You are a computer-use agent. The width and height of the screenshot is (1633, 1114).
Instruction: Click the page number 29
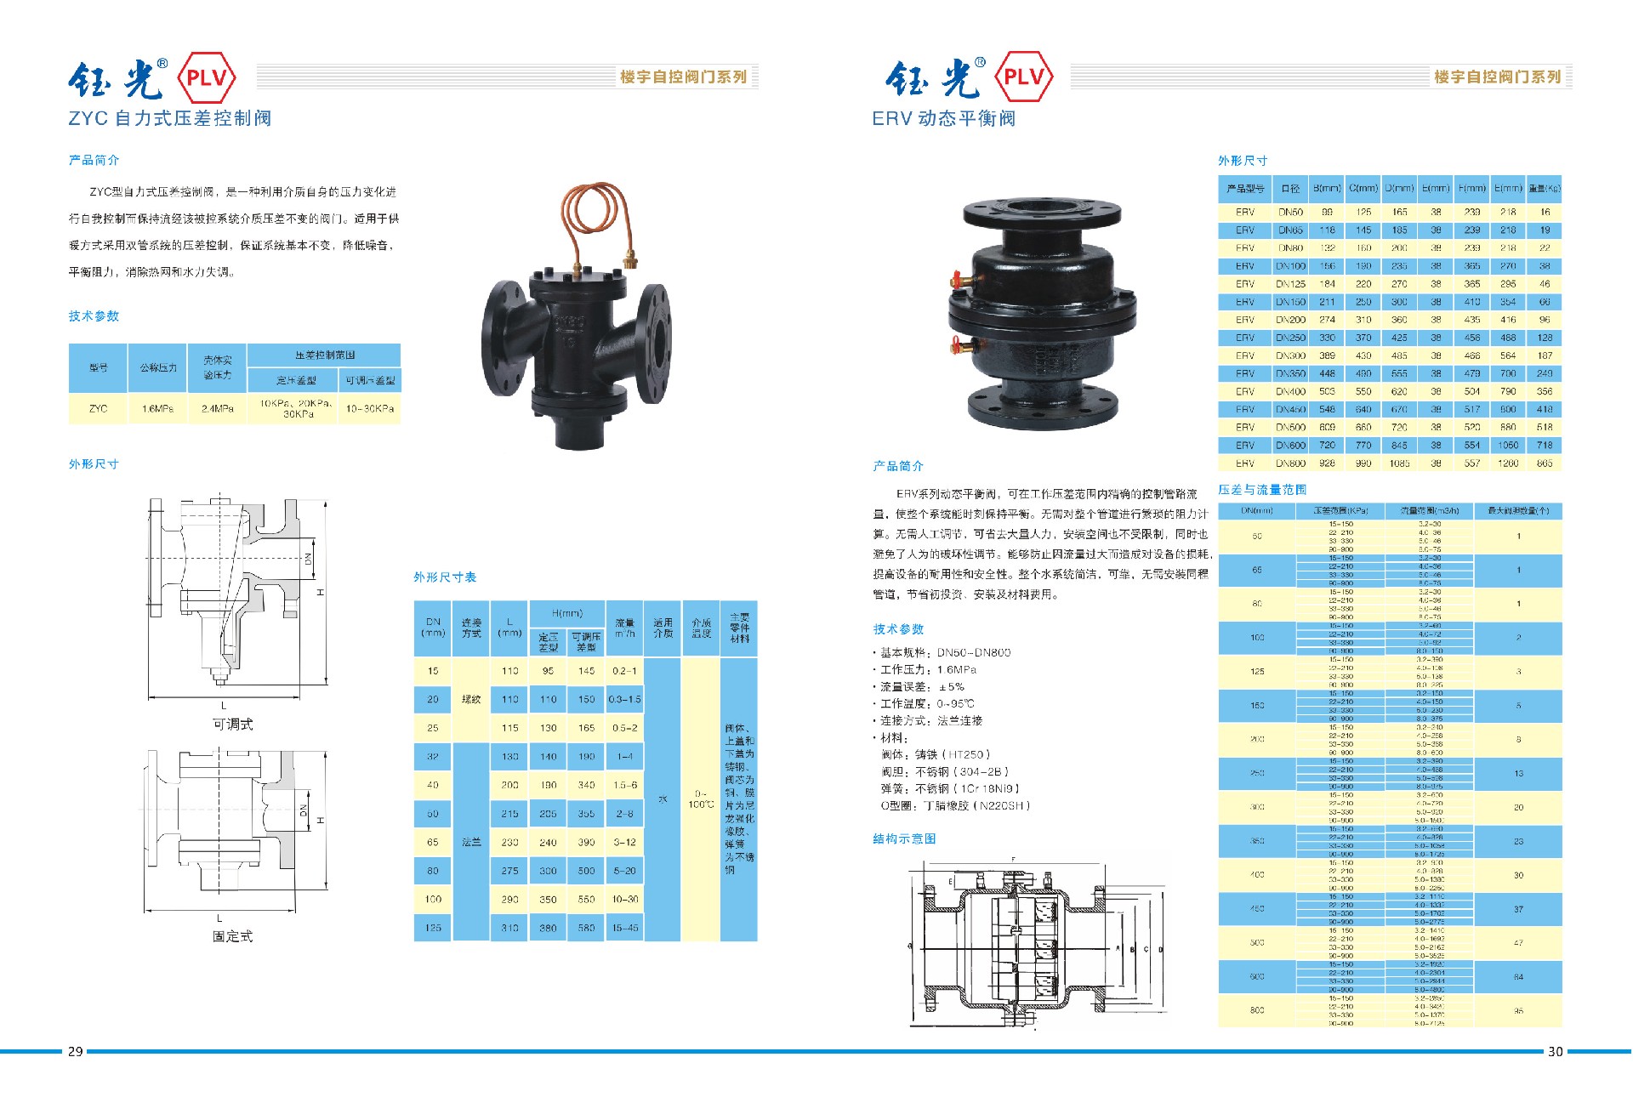[x=76, y=1052]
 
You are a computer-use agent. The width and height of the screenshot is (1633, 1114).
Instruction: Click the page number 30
[x=1555, y=1052]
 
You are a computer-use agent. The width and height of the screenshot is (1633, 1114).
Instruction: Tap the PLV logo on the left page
[x=206, y=78]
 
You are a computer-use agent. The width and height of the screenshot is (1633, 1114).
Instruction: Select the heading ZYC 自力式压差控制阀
[x=170, y=118]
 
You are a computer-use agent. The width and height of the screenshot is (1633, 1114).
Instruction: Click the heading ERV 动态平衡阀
[x=943, y=118]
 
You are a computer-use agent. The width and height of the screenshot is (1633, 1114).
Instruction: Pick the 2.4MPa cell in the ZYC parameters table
[x=218, y=409]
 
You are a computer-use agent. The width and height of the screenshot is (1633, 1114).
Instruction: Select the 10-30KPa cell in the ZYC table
[x=370, y=409]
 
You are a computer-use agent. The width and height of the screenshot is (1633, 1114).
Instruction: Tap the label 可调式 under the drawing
[x=232, y=725]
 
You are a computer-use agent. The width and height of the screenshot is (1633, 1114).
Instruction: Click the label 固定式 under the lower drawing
[x=232, y=936]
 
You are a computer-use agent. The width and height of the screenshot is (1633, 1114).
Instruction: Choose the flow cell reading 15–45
[x=625, y=928]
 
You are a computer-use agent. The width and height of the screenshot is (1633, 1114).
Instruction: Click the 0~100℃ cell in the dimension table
[x=701, y=799]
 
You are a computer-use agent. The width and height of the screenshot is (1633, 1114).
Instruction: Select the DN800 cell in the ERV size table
[x=1290, y=463]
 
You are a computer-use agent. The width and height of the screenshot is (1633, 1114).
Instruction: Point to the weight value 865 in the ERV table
[x=1545, y=463]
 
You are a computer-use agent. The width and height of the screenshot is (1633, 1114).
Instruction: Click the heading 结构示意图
[x=904, y=839]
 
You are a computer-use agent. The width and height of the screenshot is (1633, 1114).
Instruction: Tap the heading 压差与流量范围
[x=1262, y=490]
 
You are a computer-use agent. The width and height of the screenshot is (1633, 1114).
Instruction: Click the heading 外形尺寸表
[x=445, y=577]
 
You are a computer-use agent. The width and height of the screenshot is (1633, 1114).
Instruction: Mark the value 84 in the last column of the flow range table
[x=1518, y=977]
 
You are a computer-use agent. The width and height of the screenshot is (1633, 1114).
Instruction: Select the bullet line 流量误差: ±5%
[x=922, y=687]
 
